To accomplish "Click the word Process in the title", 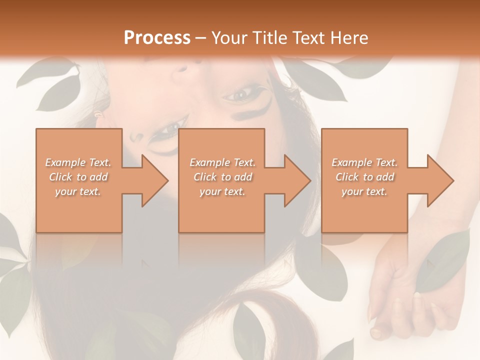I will [x=157, y=38].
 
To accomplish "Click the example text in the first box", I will [x=78, y=176].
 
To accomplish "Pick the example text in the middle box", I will [x=222, y=176].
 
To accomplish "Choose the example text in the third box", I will [x=364, y=176].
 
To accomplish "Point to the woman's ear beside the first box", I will [x=98, y=116].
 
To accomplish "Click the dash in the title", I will [x=201, y=38].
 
